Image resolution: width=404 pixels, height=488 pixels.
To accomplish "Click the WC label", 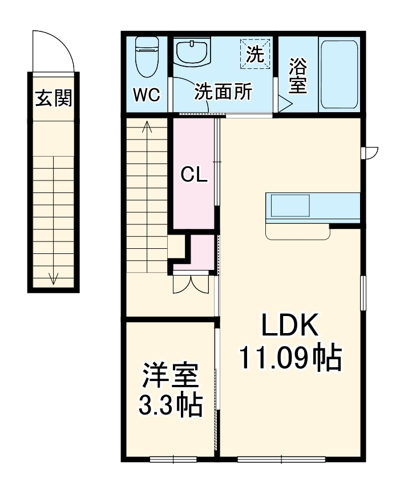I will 147,95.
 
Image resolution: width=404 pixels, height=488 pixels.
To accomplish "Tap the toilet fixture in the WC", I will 146,56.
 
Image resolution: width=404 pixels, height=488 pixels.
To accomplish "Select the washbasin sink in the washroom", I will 193,52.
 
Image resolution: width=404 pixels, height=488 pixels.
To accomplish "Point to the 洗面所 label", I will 223,92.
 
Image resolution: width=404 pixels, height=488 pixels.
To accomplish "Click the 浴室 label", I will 298,76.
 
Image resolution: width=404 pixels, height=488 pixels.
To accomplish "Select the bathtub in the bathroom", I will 340,73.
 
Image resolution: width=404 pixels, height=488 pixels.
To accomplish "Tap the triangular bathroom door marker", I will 284,103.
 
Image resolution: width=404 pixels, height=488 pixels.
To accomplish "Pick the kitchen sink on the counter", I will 290,206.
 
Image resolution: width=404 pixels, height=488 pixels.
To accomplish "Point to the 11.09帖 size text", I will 289,359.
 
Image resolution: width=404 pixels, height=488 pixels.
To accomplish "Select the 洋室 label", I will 170,376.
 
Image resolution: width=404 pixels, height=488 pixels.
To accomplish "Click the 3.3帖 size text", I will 170,405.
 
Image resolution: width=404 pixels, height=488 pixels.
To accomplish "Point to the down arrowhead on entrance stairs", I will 54,279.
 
